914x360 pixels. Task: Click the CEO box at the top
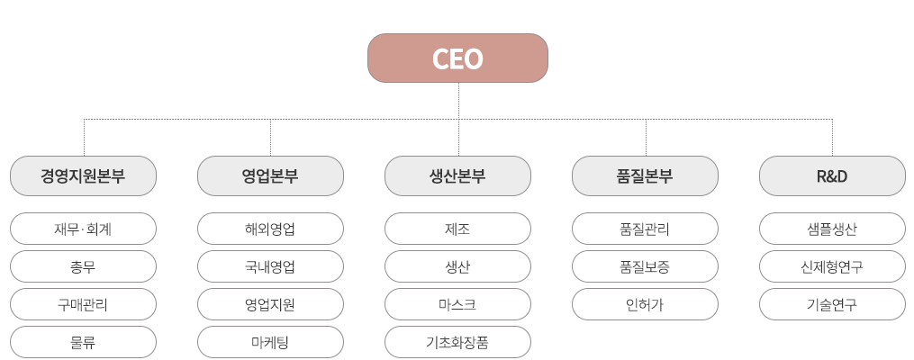point(457,59)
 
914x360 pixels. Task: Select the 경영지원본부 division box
point(83,176)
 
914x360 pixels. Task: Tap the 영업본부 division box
point(270,176)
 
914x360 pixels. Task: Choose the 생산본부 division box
point(457,176)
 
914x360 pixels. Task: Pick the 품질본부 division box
point(645,176)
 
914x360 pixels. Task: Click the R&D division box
point(832,176)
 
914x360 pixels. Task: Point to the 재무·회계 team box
point(83,229)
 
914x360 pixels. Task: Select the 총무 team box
point(83,266)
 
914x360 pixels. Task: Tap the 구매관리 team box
point(83,304)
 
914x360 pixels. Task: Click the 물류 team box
point(83,342)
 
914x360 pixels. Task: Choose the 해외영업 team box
point(270,229)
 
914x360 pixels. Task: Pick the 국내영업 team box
point(270,266)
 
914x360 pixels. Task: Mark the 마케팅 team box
point(270,342)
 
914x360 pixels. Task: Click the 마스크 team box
point(457,304)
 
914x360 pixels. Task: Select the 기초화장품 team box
point(457,342)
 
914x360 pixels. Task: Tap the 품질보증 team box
point(645,266)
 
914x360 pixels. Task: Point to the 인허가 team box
point(645,304)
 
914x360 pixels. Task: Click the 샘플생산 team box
point(832,229)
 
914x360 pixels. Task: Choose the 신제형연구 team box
point(832,266)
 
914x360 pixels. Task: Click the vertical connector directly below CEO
point(457,101)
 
